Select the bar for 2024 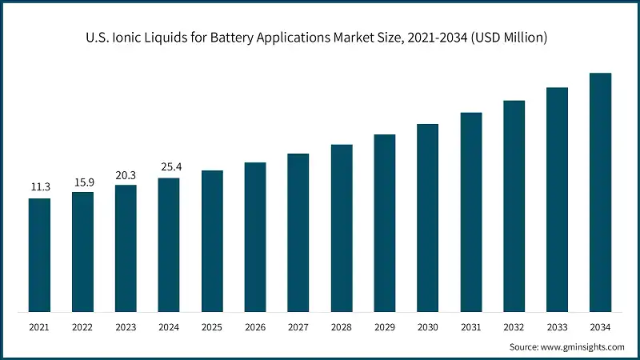169,244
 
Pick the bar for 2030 428,218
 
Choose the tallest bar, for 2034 601,192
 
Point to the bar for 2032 514,206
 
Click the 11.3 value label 40,187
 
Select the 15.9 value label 82,182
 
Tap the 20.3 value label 126,174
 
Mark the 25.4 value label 169,167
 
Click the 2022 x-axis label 82,327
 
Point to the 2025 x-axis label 212,327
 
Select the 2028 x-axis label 342,327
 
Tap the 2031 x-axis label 471,327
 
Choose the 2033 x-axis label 558,327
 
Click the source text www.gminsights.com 582,347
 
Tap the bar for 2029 385,223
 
